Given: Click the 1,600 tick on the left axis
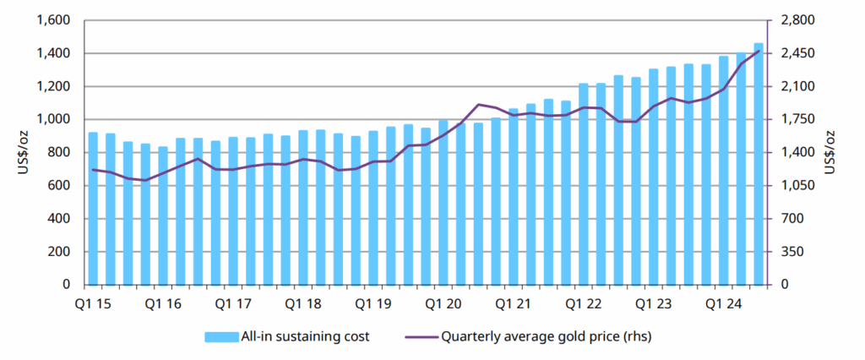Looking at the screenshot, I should [x=56, y=20].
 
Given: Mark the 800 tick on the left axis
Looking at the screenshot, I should [x=63, y=153].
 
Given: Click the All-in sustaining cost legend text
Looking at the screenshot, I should [x=306, y=336].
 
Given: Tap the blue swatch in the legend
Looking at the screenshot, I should [x=220, y=336].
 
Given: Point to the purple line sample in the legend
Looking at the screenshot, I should [x=417, y=336].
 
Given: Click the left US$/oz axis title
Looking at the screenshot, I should [x=19, y=153].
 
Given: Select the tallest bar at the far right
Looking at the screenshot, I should [x=759, y=164].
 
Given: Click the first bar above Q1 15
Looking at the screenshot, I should [x=93, y=209].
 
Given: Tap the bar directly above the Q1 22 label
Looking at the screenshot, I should [x=584, y=184].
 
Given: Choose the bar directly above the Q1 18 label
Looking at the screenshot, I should [x=303, y=208].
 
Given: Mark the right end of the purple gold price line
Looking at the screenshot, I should [x=759, y=51].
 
